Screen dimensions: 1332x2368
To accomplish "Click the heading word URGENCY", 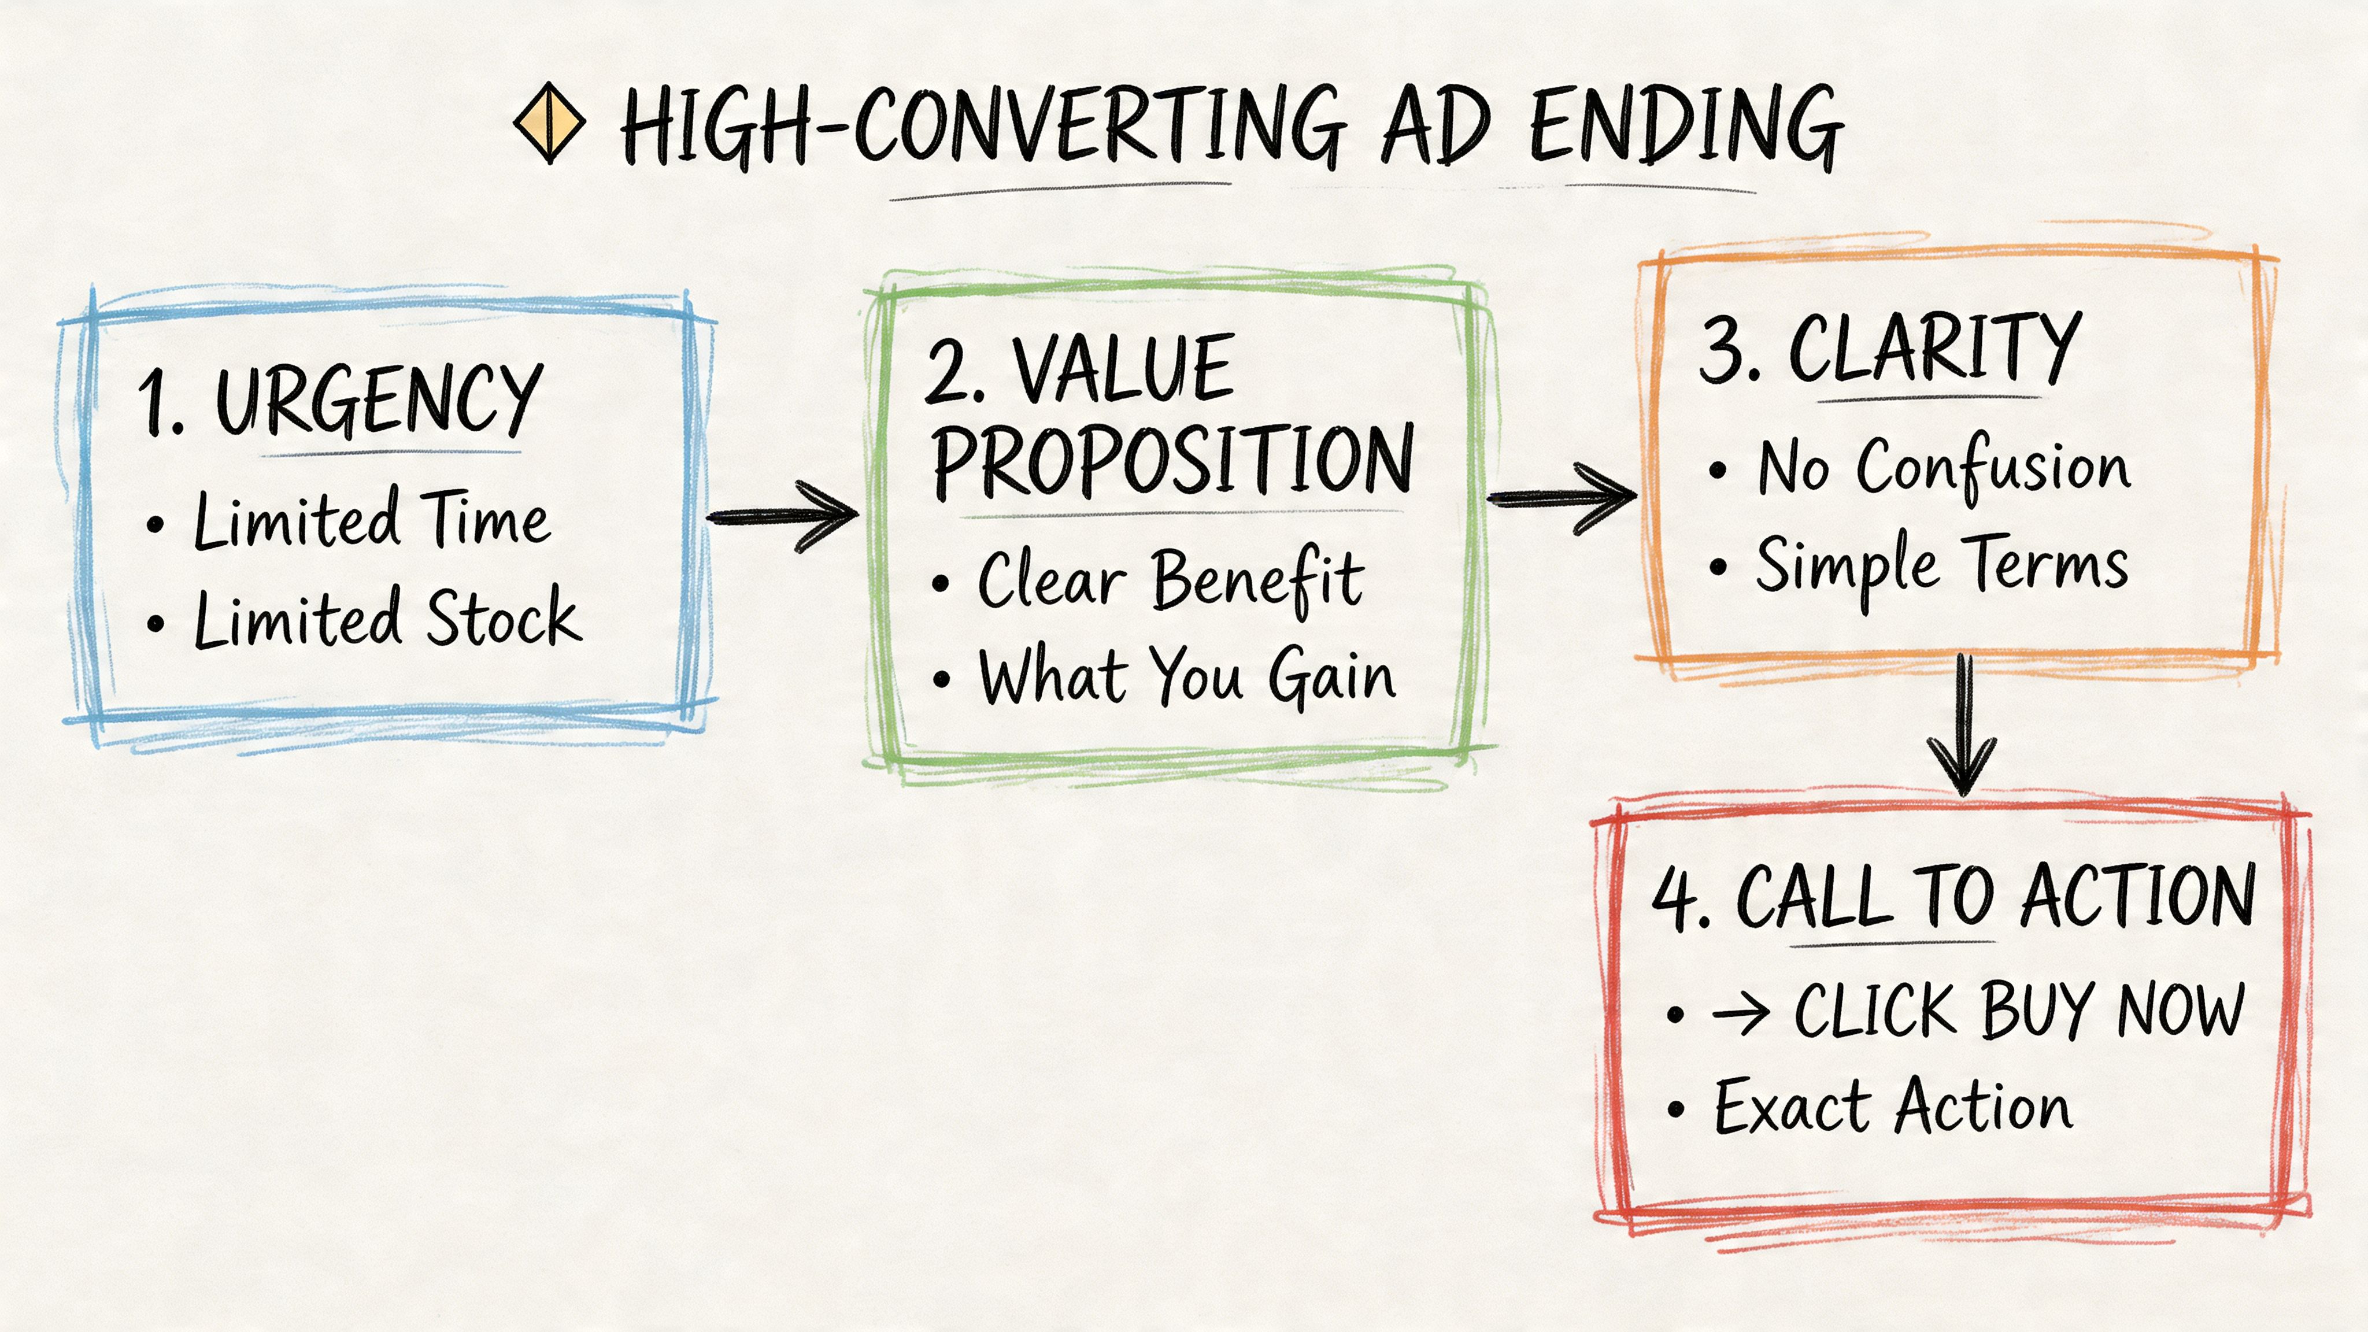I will (378, 401).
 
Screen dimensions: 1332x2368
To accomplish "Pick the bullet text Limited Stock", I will (387, 619).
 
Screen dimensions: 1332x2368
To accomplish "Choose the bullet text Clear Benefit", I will (1170, 580).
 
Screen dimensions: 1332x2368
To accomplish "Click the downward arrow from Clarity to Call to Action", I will (1963, 726).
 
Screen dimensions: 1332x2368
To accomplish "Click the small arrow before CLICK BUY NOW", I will (1740, 1014).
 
